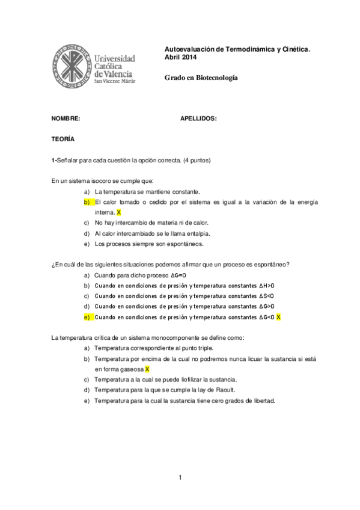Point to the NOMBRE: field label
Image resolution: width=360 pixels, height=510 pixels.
tap(66, 118)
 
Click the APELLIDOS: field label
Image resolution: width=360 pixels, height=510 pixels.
tap(198, 118)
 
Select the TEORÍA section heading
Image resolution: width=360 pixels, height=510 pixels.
tap(63, 139)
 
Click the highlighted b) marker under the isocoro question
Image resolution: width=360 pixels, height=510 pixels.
tap(87, 202)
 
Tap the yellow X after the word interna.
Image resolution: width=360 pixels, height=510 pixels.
tap(119, 212)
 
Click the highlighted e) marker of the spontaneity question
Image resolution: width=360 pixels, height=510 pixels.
tap(87, 317)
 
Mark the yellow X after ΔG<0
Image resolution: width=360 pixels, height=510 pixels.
tap(279, 317)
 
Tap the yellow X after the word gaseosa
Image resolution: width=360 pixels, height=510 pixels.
tap(147, 369)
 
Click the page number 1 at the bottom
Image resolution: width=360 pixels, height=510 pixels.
tap(180, 478)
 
